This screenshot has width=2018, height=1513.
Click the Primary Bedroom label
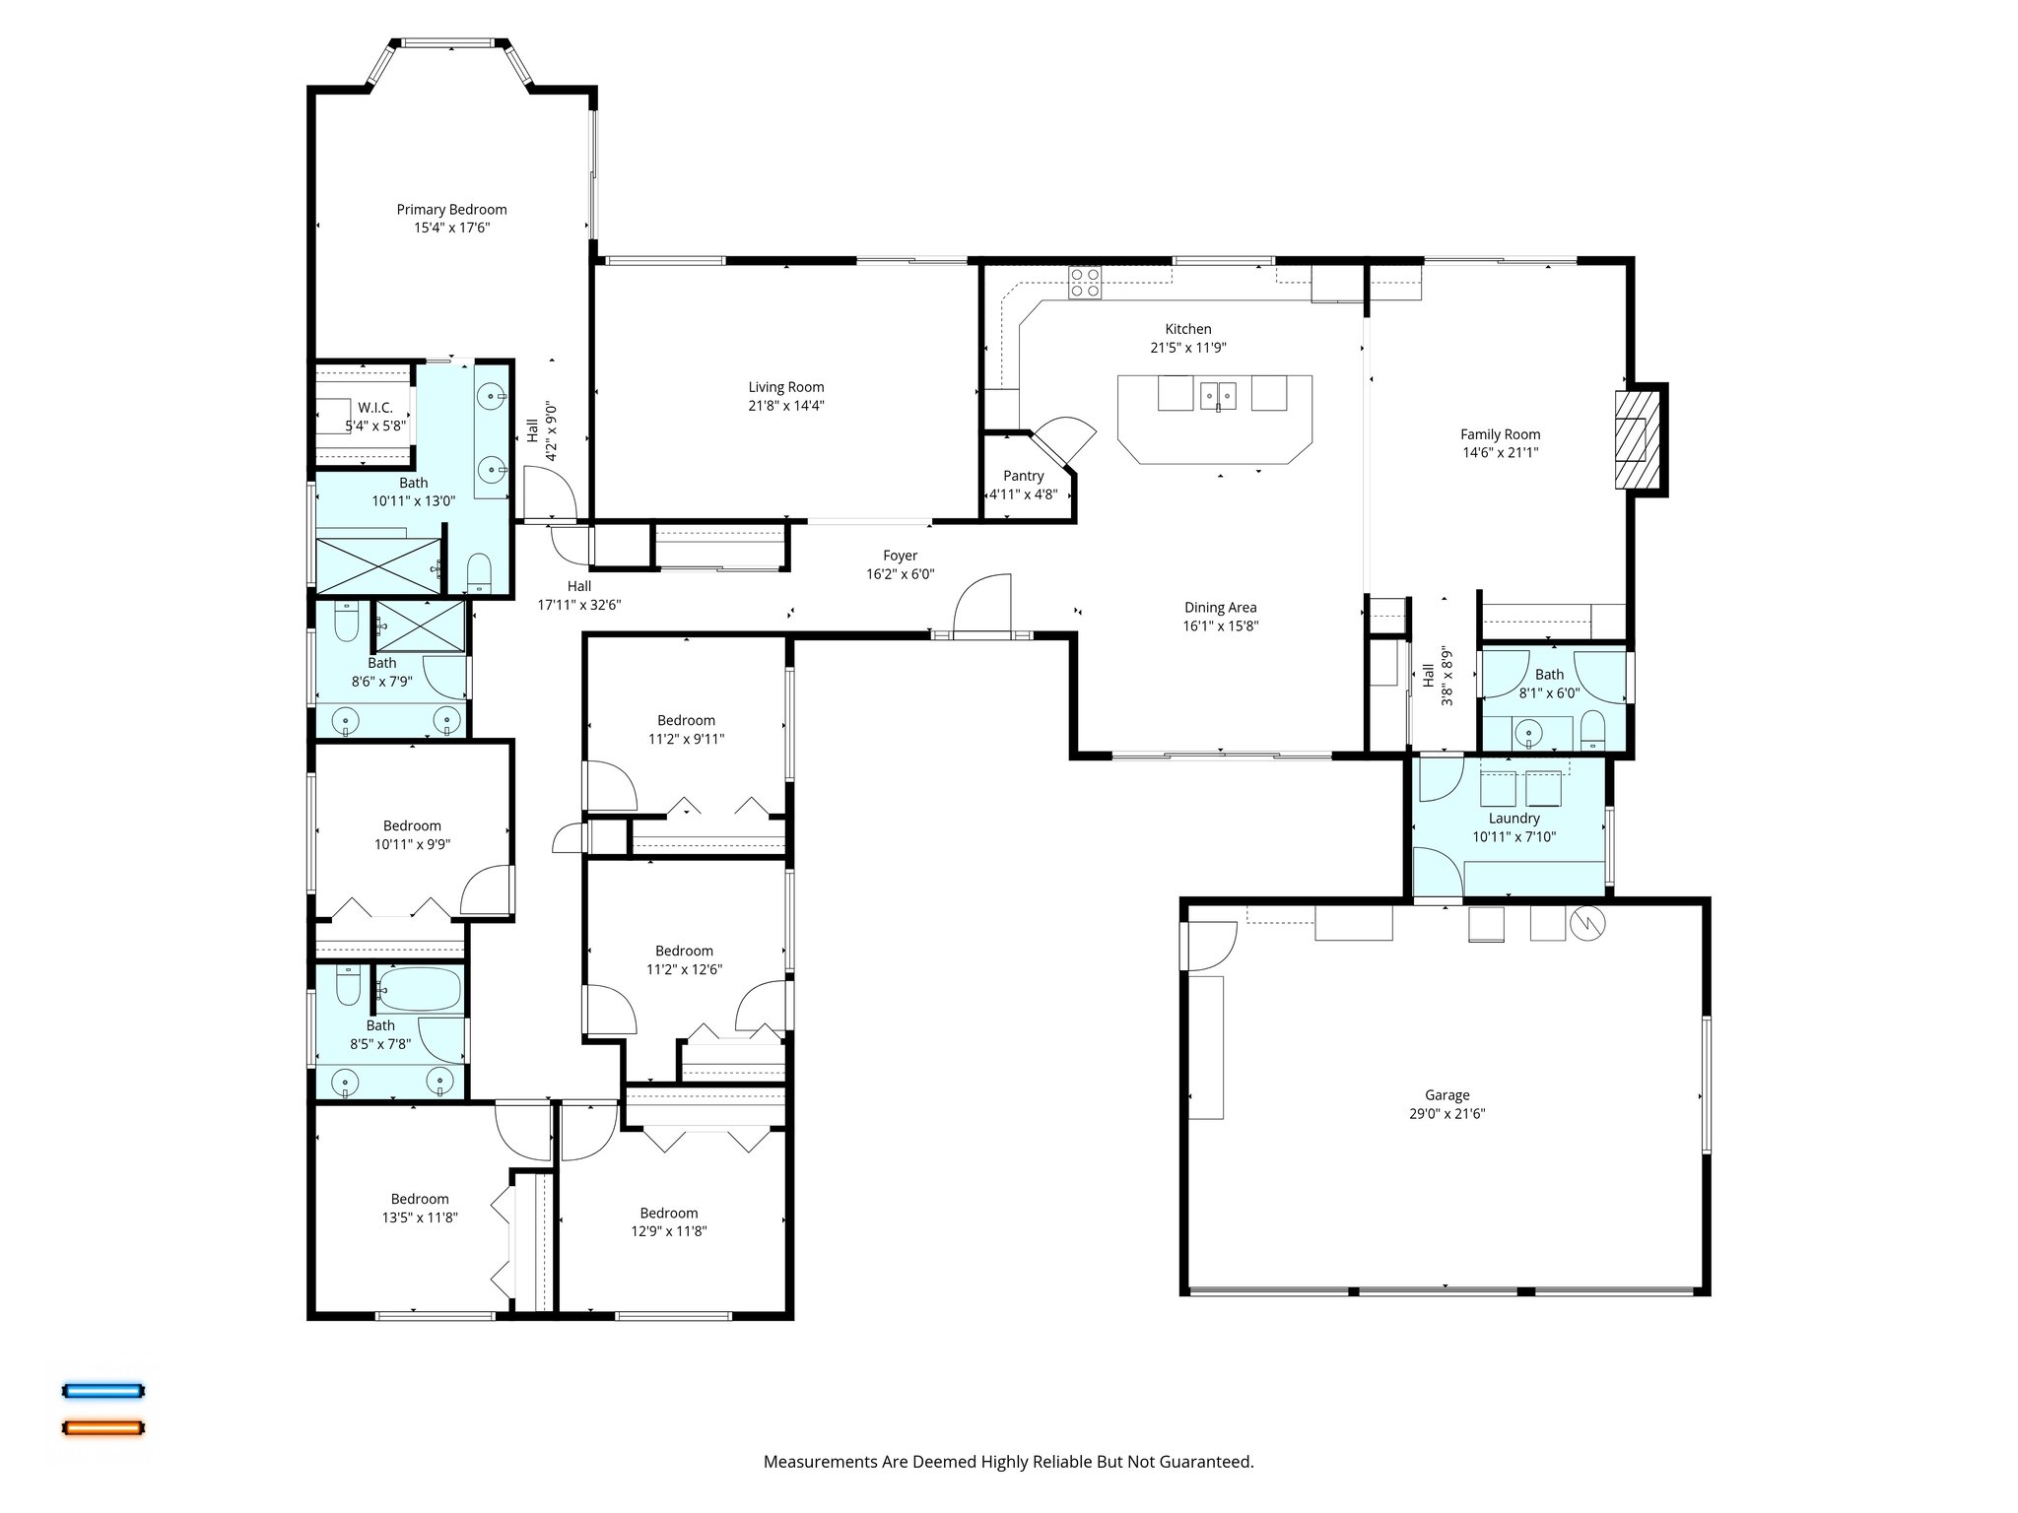(x=451, y=209)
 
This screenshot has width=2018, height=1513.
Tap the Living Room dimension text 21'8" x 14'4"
(x=785, y=405)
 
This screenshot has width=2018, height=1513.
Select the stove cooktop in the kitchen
(x=1086, y=283)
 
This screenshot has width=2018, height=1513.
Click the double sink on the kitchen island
(x=1219, y=395)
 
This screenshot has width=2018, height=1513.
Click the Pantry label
(x=1023, y=476)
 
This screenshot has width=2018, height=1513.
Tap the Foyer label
(x=900, y=556)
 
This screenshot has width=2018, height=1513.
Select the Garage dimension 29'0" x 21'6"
(x=1446, y=1114)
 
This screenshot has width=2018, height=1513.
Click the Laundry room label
(x=1513, y=819)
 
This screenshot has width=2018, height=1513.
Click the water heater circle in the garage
(x=1588, y=923)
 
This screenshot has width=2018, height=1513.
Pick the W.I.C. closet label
(x=375, y=407)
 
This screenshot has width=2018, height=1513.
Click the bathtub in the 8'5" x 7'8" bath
(x=420, y=990)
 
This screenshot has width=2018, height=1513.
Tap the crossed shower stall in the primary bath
(x=377, y=566)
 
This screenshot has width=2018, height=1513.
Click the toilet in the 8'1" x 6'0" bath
(x=1592, y=729)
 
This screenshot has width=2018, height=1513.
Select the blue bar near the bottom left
(x=103, y=1391)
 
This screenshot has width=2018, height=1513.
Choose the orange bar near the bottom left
(x=103, y=1427)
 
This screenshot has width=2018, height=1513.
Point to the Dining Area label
(x=1220, y=608)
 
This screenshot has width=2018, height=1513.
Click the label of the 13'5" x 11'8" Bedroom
(x=420, y=1199)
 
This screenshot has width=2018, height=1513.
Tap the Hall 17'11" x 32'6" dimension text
(x=579, y=605)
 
